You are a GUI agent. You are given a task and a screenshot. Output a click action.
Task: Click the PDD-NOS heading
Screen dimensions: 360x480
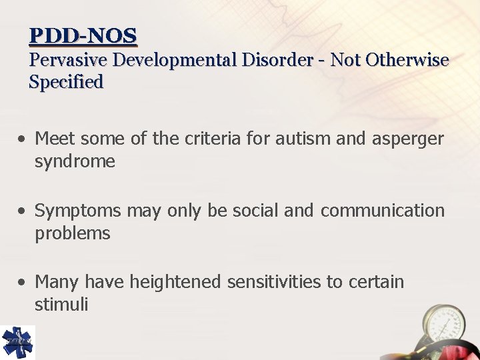[x=83, y=35]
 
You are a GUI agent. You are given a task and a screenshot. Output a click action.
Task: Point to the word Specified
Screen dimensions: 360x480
[x=66, y=83]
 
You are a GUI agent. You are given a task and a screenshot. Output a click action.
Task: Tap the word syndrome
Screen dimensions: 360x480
[x=75, y=161]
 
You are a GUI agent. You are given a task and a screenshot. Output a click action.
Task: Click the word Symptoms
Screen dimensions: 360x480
[x=78, y=211]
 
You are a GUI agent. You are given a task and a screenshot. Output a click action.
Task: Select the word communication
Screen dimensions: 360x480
[x=382, y=211]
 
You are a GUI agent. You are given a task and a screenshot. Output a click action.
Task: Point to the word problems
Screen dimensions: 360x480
[x=72, y=233]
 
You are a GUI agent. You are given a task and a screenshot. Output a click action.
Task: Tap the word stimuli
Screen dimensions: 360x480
[x=61, y=305]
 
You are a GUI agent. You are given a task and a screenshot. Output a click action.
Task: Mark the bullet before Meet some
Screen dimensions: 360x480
[x=23, y=139]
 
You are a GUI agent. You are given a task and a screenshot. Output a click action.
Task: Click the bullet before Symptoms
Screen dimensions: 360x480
[x=23, y=211]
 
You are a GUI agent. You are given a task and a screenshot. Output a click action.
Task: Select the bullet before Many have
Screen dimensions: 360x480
[x=23, y=283]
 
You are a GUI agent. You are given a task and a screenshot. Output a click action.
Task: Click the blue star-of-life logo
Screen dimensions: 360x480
[x=17, y=342]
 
